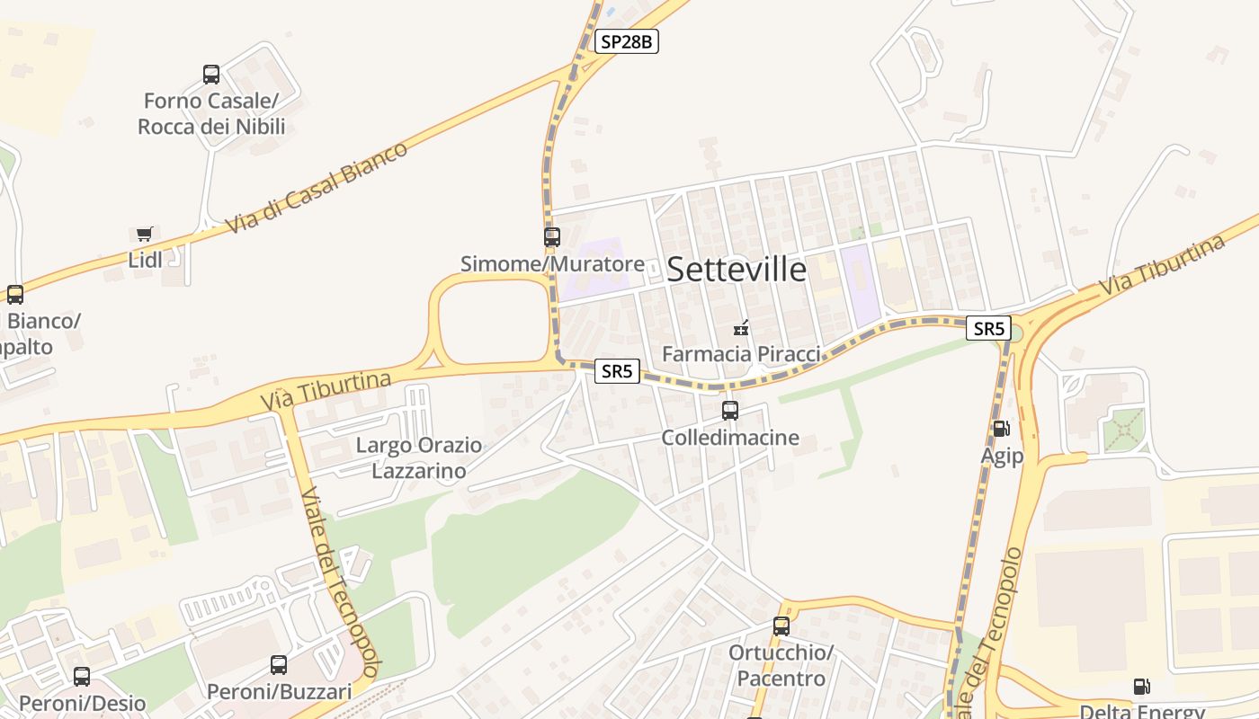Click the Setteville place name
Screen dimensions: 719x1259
[737, 269]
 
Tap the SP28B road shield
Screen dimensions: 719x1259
[627, 41]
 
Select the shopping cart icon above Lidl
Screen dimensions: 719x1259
[145, 235]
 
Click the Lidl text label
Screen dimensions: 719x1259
[146, 261]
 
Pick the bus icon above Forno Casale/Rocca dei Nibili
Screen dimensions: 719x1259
[211, 75]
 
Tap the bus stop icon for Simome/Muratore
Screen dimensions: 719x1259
[552, 237]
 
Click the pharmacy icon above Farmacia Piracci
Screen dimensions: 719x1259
[741, 328]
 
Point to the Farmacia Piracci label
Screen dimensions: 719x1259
[741, 354]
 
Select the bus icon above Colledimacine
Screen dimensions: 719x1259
[730, 411]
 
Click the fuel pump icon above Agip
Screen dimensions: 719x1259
[1001, 430]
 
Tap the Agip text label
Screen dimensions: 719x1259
[1002, 457]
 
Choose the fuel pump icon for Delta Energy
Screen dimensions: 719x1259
[1141, 688]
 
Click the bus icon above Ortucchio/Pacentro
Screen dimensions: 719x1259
[781, 626]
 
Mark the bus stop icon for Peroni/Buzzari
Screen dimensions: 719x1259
[279, 665]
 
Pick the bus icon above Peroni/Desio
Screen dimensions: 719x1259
[82, 677]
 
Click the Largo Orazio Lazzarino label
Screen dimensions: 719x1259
[419, 458]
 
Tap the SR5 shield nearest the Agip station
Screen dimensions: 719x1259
[988, 328]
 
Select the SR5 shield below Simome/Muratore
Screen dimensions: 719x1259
[617, 371]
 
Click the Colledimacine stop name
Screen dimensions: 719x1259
[730, 438]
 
